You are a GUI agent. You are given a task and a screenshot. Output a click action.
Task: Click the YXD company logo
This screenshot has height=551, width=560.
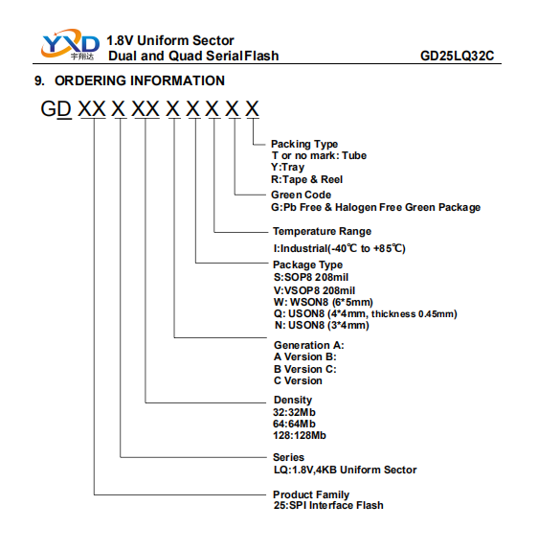(70, 44)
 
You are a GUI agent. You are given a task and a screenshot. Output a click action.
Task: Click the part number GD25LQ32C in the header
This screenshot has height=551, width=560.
(457, 56)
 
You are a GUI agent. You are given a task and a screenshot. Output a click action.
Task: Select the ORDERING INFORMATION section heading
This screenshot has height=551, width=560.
(129, 80)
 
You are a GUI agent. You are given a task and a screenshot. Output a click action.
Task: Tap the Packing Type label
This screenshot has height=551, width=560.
(304, 144)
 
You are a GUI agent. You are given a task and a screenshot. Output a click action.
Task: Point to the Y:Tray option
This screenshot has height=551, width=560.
(287, 167)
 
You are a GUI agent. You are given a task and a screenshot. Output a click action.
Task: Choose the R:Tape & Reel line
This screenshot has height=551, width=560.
(306, 179)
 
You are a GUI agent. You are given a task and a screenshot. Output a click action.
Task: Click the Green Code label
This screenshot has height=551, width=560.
(302, 195)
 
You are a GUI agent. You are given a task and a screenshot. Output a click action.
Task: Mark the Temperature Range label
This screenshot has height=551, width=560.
(323, 231)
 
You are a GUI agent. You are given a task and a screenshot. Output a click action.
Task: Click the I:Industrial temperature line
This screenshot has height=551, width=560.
(339, 248)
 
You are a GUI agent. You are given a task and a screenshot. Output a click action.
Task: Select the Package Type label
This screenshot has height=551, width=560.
(308, 264)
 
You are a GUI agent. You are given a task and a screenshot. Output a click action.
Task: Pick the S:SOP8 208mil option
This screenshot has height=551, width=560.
(311, 277)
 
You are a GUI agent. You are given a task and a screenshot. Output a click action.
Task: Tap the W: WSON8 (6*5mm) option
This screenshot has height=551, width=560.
(324, 302)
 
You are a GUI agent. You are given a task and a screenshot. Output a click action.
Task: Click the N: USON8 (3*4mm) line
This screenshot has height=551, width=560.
(322, 326)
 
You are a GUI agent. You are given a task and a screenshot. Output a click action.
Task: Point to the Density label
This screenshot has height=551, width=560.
(293, 400)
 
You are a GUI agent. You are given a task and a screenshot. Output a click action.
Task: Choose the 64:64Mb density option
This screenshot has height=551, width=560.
(294, 425)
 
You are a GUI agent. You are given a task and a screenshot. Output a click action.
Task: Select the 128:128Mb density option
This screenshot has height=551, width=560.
(300, 435)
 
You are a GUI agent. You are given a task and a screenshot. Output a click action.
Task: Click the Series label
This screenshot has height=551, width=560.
(288, 457)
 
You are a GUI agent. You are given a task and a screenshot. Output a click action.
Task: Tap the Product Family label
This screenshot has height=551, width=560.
(311, 494)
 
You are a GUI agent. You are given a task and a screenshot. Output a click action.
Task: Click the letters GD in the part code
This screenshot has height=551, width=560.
(56, 108)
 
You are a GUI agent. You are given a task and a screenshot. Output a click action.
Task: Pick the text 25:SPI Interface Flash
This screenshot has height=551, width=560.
(328, 505)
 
